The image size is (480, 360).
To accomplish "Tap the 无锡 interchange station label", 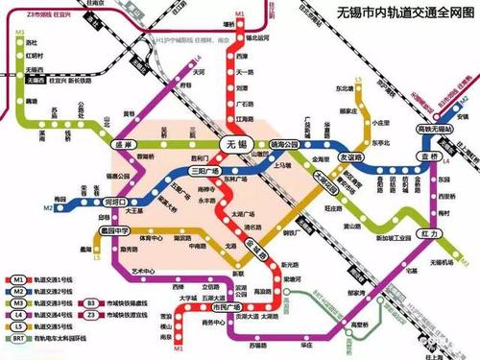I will [230, 142].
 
